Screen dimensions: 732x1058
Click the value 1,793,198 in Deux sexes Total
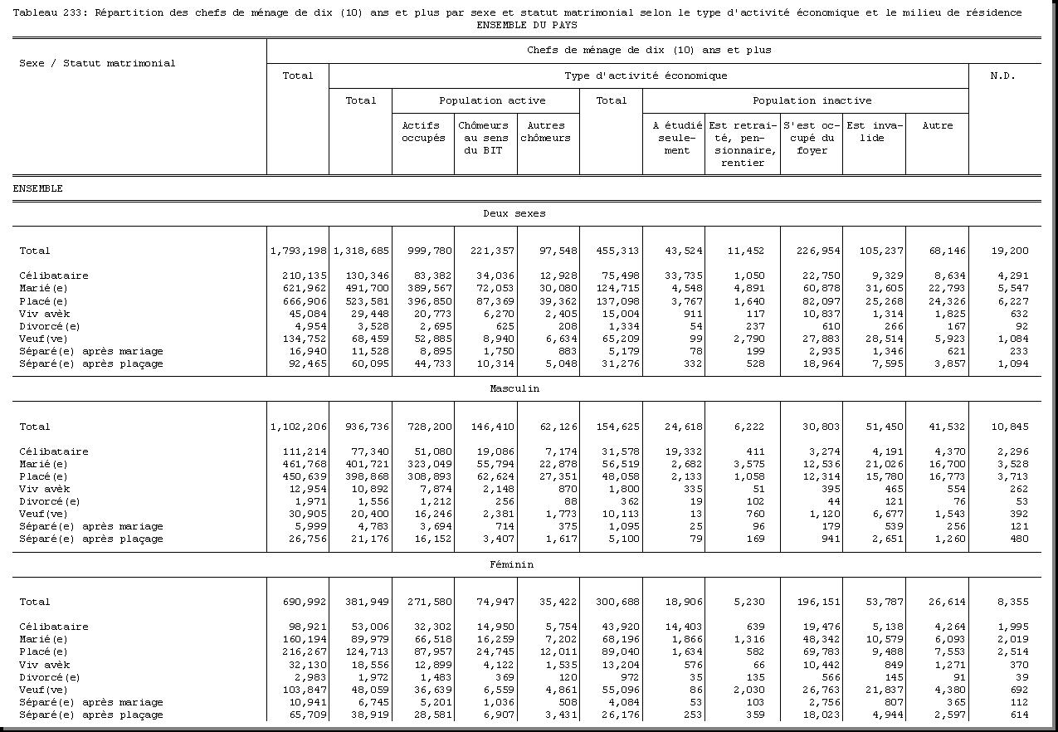click(299, 251)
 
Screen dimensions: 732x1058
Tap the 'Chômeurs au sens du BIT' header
click(484, 138)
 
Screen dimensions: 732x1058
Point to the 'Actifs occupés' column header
click(423, 132)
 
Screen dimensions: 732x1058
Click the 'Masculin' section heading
click(514, 388)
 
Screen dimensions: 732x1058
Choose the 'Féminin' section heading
click(511, 564)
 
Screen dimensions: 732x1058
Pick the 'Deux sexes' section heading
click(514, 213)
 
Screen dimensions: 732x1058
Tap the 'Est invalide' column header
click(873, 132)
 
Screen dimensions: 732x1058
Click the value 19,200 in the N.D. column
click(1008, 251)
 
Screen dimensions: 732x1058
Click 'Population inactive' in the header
click(812, 100)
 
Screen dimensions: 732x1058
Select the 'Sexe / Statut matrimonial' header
click(97, 63)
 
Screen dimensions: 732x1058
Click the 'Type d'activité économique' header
click(646, 76)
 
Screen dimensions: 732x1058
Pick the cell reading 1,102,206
click(299, 427)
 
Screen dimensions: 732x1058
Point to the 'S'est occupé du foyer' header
click(812, 138)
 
